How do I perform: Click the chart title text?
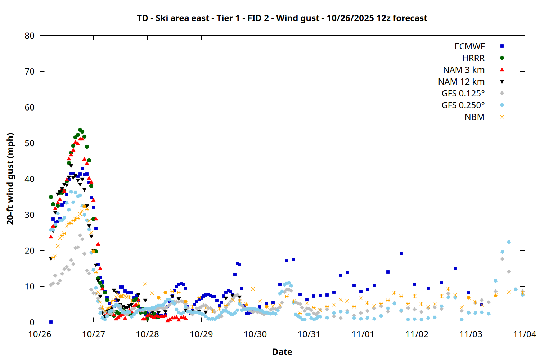tap(282, 18)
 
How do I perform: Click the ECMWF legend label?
tap(469, 46)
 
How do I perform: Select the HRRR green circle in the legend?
tap(502, 58)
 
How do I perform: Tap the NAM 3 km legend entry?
tap(464, 70)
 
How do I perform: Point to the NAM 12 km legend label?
tap(461, 82)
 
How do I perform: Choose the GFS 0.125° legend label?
tap(463, 94)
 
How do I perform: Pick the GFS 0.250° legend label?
tap(463, 105)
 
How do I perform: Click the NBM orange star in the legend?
tap(502, 117)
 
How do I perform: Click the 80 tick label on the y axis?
tap(30, 36)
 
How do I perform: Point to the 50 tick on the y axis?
tap(30, 143)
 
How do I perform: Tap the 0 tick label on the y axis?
tap(32, 322)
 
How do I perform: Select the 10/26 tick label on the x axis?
tap(40, 334)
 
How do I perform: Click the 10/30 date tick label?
tap(255, 334)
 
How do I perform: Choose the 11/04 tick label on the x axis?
tap(525, 334)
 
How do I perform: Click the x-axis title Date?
tap(282, 352)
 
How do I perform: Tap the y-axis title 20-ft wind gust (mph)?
tap(10, 179)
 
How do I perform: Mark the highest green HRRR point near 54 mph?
tap(80, 130)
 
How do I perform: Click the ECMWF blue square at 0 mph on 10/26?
tap(51, 322)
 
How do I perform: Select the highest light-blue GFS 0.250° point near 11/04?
tap(509, 242)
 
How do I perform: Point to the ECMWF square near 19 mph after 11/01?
tap(401, 254)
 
